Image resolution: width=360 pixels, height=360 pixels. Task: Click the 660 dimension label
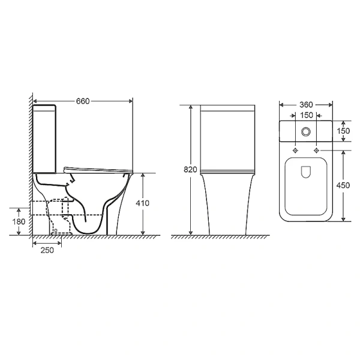click(x=83, y=101)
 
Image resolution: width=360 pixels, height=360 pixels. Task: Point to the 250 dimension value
click(x=47, y=250)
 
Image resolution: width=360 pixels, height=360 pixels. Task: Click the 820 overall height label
click(x=190, y=170)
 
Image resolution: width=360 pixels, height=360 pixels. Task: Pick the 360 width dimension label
click(x=305, y=101)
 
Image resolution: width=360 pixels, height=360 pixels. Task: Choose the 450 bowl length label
click(x=343, y=185)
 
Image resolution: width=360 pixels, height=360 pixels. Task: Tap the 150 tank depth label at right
click(x=343, y=131)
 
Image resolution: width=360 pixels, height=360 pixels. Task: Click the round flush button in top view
click(x=307, y=131)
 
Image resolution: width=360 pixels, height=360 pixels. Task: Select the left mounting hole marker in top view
click(x=295, y=149)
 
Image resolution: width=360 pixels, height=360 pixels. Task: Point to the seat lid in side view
click(x=96, y=167)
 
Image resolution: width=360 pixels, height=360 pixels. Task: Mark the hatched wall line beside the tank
click(x=28, y=162)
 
